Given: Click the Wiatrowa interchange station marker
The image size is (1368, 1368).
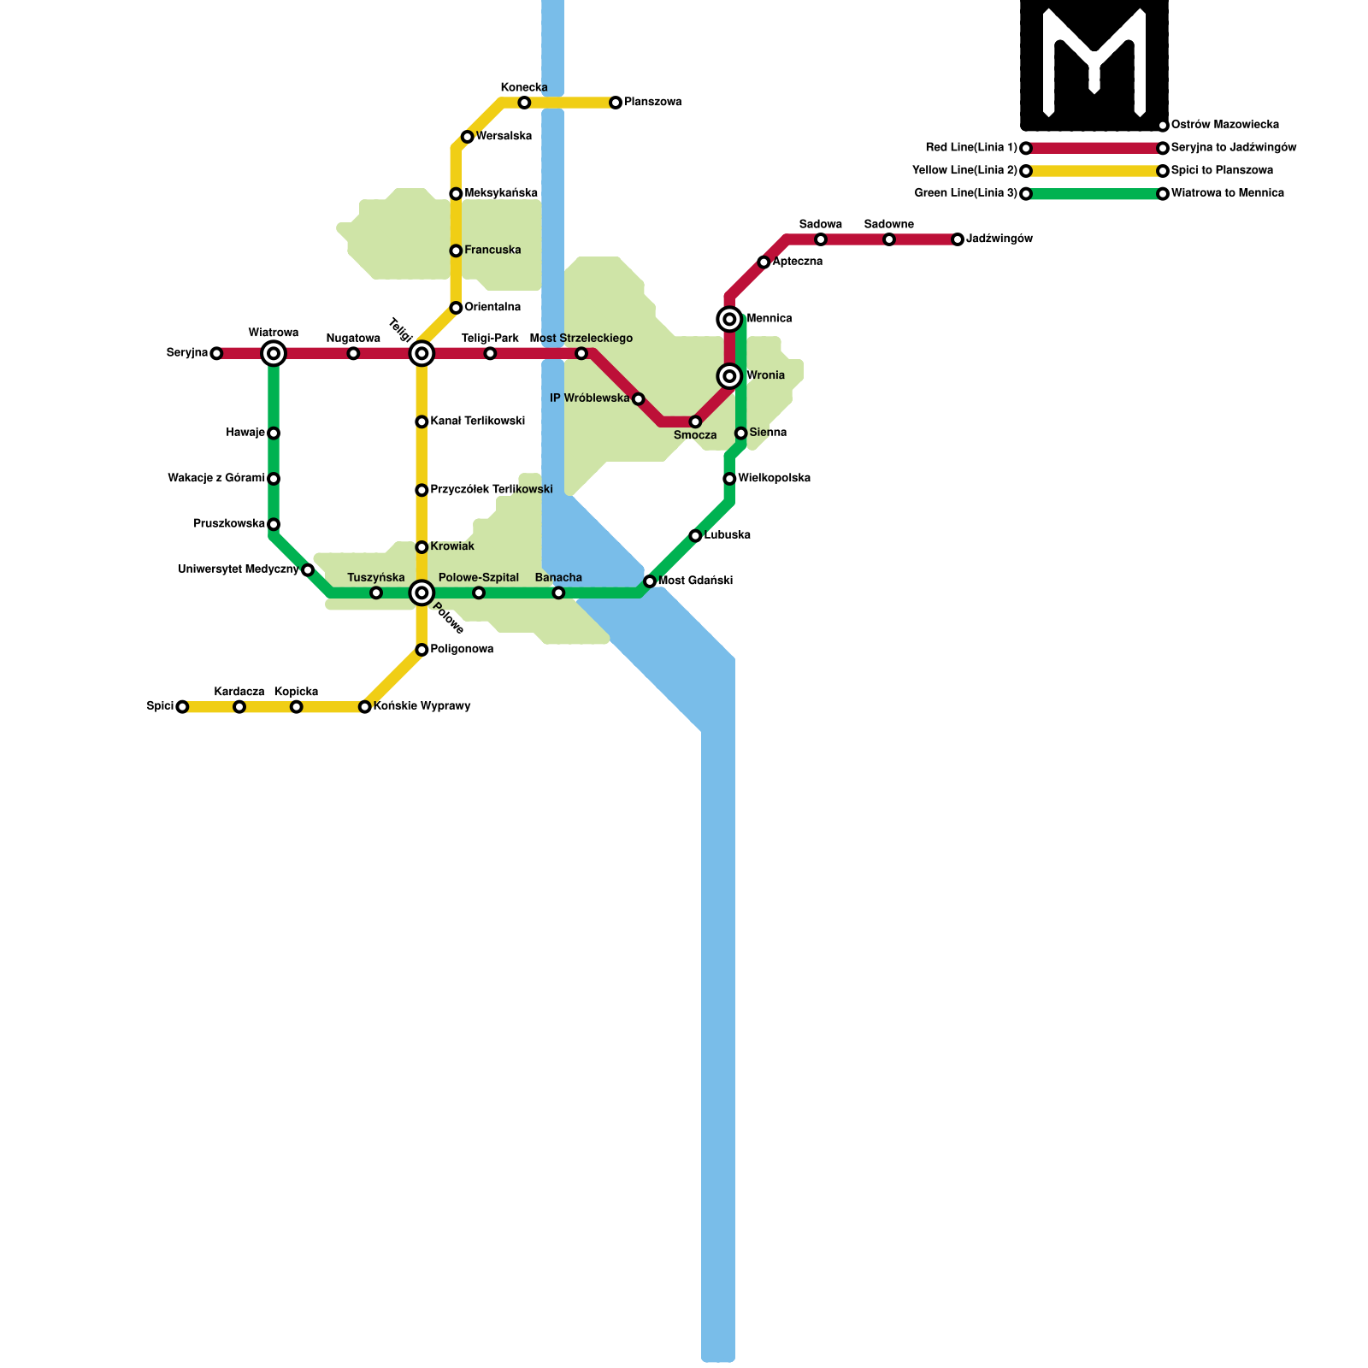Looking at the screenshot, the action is (x=274, y=353).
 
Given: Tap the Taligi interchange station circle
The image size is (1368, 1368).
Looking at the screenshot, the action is (x=422, y=353).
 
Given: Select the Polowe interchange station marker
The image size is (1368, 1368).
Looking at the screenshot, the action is (x=422, y=593).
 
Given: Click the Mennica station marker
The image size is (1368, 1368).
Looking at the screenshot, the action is (x=729, y=319).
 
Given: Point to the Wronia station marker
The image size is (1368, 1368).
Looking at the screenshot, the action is (x=729, y=376).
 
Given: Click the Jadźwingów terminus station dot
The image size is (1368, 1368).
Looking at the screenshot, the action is (x=958, y=239).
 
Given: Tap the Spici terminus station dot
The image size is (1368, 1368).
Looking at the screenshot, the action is (x=182, y=706).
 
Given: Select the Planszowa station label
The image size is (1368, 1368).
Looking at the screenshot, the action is (x=652, y=103).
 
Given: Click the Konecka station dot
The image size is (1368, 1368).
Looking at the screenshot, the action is (x=524, y=103).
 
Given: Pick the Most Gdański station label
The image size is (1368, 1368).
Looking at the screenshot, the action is (x=695, y=581).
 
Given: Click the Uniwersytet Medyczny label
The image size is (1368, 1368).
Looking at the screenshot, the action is (x=238, y=569).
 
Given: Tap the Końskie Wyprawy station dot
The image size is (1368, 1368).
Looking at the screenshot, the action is (x=365, y=706).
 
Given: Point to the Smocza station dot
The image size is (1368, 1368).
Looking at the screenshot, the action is (x=695, y=422).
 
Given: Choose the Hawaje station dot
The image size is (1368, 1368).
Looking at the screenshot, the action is (x=274, y=433).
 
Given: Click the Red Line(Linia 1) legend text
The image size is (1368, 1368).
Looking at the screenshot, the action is (x=971, y=148).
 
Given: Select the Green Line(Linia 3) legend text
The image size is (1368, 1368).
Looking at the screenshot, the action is (x=965, y=193).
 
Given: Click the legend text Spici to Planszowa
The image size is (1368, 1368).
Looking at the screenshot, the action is (x=1222, y=171).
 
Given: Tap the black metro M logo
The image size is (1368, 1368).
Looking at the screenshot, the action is (x=1094, y=64).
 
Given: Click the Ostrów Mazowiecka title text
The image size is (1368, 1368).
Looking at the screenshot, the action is (x=1224, y=125).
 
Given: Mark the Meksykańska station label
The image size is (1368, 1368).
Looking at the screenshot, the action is (x=501, y=193).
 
